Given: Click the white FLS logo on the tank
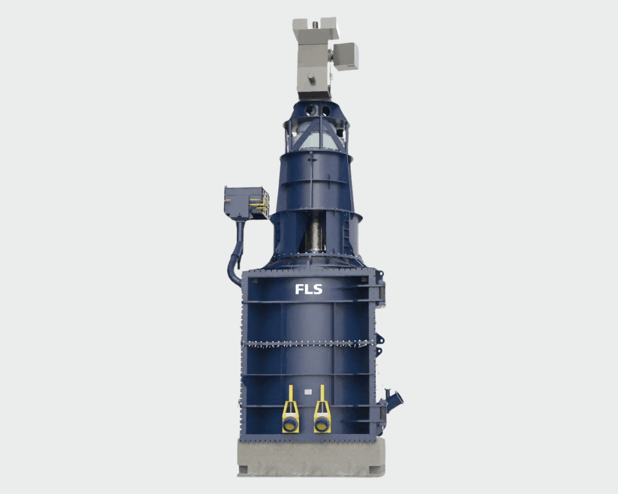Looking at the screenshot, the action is (x=308, y=289).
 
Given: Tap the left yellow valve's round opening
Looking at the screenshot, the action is (x=290, y=424).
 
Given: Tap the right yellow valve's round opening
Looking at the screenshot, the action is (x=322, y=424).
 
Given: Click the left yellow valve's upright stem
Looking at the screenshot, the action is (x=291, y=394).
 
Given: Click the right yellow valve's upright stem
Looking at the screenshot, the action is (x=322, y=394).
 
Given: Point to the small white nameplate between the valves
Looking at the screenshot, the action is (x=308, y=392).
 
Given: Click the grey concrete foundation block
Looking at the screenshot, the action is (x=311, y=457).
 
